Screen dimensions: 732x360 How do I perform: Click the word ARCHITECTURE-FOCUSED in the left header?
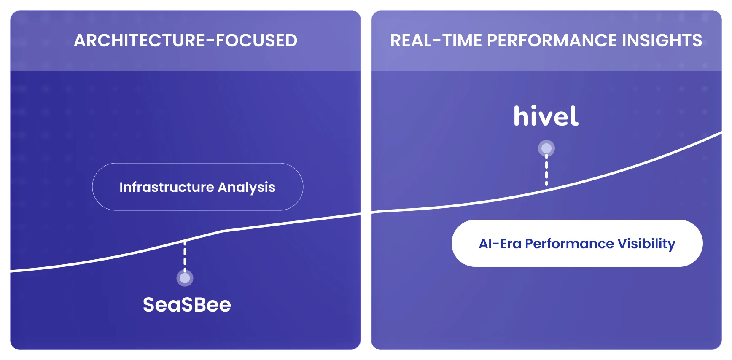point(186,40)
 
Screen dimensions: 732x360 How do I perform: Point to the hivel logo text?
point(546,116)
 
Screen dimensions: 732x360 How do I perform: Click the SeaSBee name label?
point(187,305)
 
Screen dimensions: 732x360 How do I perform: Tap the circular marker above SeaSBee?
point(185,278)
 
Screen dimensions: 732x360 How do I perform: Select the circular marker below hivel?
point(546,148)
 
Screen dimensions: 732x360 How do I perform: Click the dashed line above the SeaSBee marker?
point(185,255)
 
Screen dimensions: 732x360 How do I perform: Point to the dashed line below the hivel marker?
point(546,171)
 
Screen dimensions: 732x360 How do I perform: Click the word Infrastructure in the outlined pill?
point(167,187)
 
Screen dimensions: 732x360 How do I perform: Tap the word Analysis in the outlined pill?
point(247,188)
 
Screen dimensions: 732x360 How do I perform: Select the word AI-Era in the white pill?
point(500,244)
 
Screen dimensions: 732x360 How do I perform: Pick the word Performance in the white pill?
point(569,244)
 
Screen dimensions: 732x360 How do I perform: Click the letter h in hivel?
point(522,116)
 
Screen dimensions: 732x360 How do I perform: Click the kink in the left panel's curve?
point(222,231)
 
